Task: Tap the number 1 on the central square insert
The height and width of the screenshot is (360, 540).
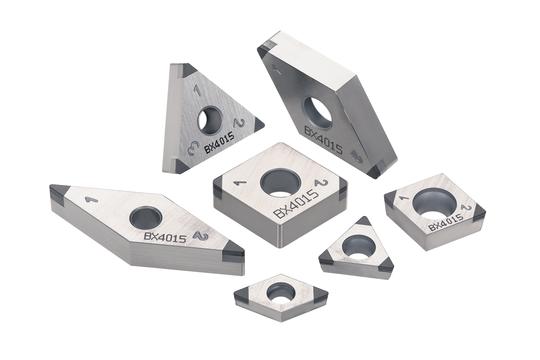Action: [240, 184]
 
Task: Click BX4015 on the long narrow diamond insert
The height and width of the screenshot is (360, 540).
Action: [165, 238]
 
